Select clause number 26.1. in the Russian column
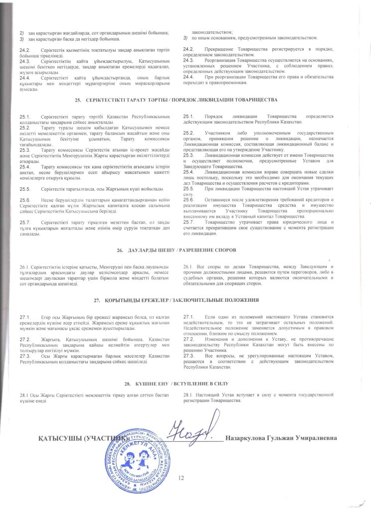[x=189, y=267]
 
